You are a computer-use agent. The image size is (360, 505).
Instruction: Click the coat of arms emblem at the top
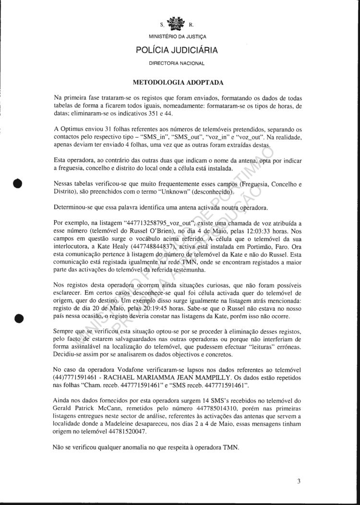click(176, 23)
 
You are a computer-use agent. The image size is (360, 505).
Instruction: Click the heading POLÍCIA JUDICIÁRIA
click(177, 50)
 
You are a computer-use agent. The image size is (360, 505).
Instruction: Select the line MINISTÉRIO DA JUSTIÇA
click(177, 35)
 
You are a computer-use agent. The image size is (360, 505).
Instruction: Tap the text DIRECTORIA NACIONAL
click(177, 63)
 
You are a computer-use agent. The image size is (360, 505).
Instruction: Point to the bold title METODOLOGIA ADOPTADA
click(176, 82)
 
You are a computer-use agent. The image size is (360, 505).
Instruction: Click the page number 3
click(298, 482)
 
